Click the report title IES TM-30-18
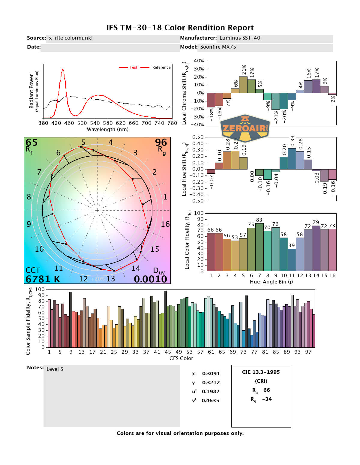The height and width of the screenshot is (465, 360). [180, 28]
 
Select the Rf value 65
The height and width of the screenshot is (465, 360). [31, 142]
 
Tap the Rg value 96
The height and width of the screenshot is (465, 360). [161, 142]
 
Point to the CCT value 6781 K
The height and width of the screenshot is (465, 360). [43, 279]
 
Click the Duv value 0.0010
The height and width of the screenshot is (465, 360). [150, 279]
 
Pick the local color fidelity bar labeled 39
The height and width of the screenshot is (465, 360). [292, 259]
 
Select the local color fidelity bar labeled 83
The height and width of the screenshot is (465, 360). [259, 247]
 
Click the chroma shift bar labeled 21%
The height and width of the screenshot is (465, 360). [243, 85]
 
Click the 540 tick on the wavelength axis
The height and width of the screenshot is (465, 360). [95, 123]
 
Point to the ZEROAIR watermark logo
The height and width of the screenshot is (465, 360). [245, 128]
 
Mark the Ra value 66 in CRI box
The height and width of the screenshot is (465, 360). [266, 390]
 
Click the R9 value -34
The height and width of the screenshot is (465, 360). [267, 399]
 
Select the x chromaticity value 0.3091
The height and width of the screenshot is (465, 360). [211, 373]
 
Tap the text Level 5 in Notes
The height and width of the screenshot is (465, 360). [55, 369]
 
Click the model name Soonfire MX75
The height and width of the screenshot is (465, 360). [218, 47]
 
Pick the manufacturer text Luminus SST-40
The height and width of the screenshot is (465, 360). [240, 38]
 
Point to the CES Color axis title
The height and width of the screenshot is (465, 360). [181, 358]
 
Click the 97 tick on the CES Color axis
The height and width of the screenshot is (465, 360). [308, 352]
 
